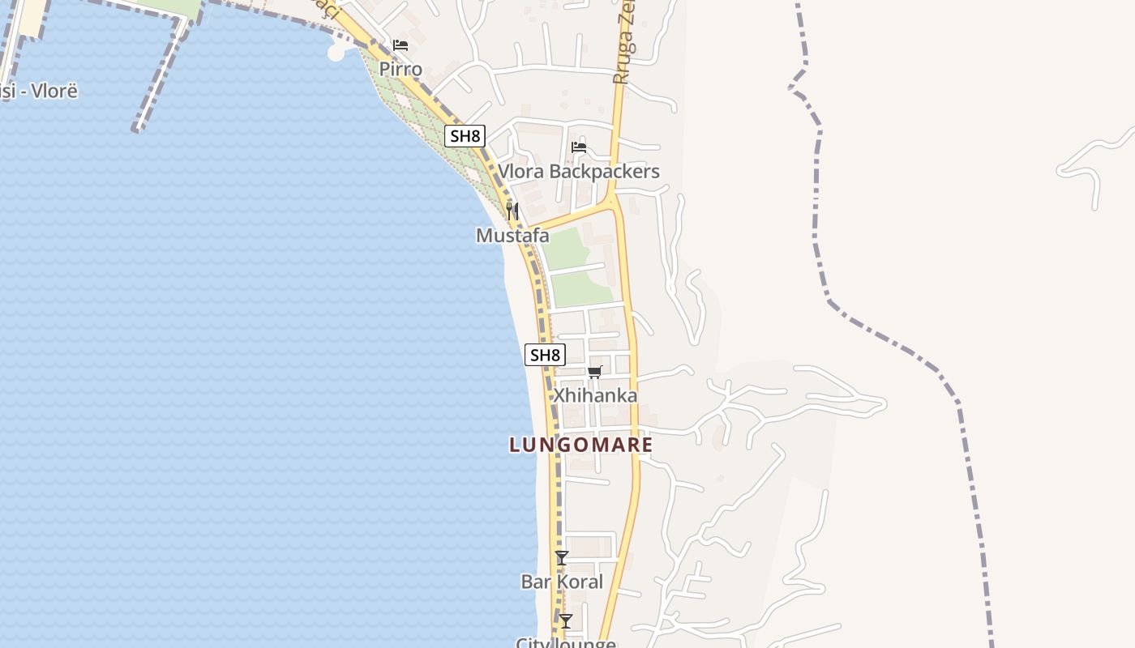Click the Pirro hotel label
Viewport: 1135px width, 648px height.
(x=400, y=69)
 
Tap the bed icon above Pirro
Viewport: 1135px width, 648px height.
(x=400, y=45)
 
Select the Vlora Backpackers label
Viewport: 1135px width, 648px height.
(x=578, y=172)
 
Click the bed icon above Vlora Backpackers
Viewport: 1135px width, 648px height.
(x=578, y=147)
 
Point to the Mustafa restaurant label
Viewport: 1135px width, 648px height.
(x=512, y=236)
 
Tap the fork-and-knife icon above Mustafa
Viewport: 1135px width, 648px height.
(x=512, y=211)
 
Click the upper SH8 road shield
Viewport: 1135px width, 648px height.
(x=465, y=135)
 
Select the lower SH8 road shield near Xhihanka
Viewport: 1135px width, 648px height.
(x=545, y=355)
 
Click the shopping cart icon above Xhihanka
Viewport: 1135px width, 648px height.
(x=595, y=372)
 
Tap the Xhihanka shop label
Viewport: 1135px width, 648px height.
(x=594, y=396)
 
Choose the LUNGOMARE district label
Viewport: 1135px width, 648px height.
(x=581, y=445)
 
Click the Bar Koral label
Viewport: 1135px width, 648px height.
(x=562, y=582)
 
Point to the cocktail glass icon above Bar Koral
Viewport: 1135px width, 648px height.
(x=562, y=558)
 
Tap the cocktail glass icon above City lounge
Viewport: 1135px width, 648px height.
(x=566, y=621)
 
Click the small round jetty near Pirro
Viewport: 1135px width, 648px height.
(x=337, y=52)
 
